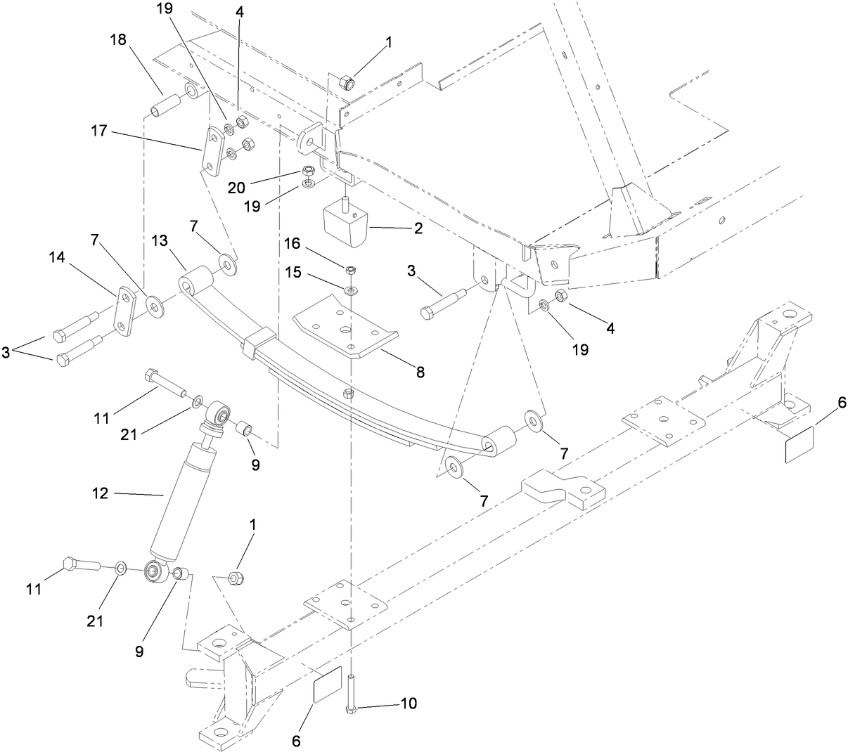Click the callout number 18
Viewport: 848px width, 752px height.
117,39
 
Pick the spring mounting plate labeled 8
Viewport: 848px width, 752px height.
342,328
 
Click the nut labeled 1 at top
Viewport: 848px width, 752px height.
345,83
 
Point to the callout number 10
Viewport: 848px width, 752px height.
409,703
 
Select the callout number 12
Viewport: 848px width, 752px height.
99,494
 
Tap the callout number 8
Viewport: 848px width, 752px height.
420,372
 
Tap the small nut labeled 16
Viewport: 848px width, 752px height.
350,269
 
